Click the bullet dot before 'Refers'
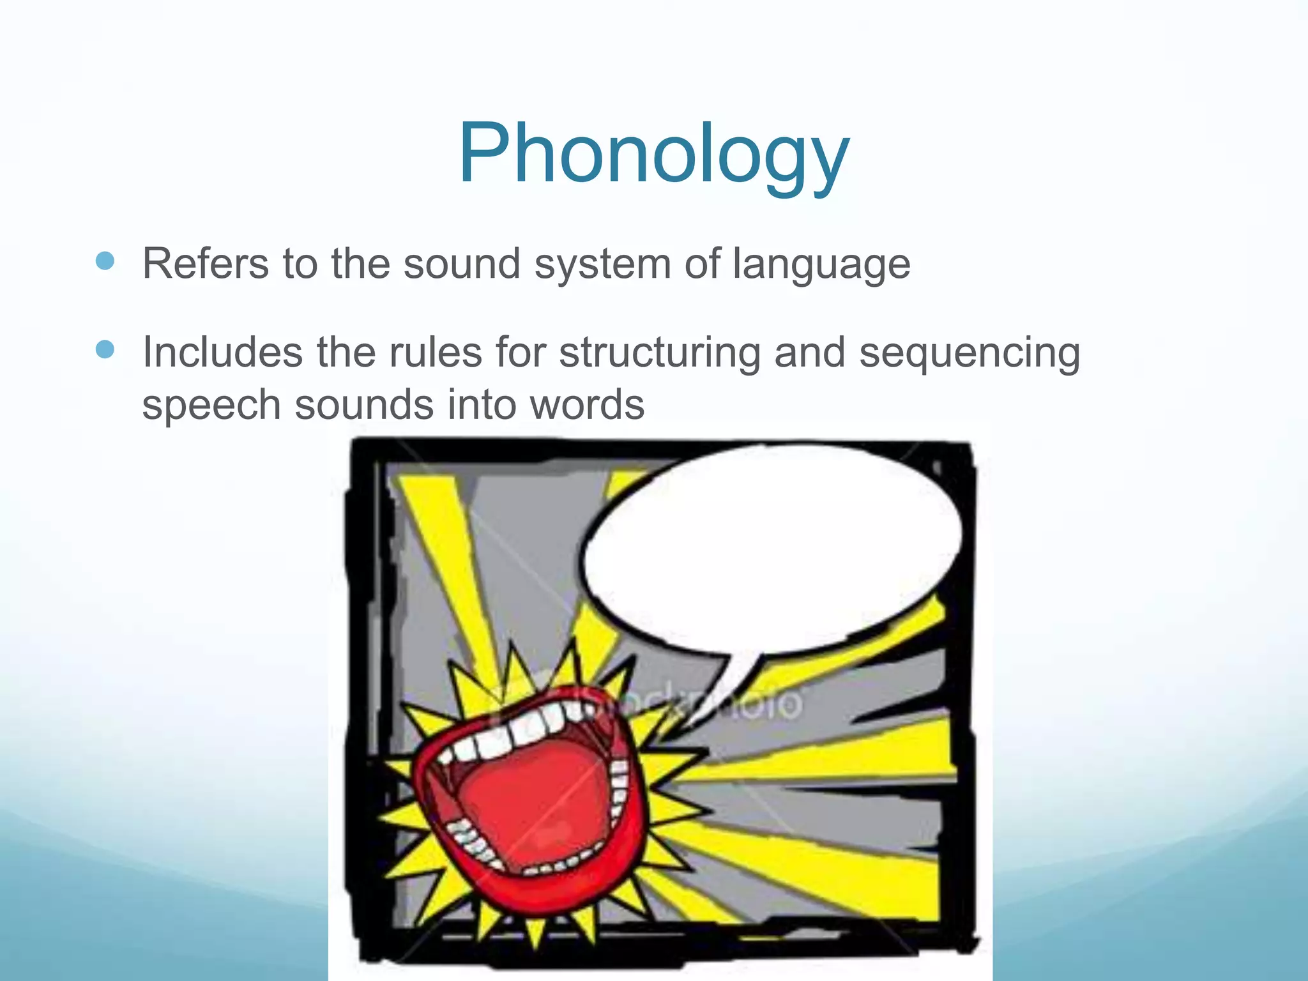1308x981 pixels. click(x=105, y=261)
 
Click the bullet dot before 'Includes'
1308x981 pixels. click(x=105, y=349)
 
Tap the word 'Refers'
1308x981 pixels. click(x=205, y=263)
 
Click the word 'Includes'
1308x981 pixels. click(x=222, y=352)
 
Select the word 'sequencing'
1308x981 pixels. click(x=969, y=353)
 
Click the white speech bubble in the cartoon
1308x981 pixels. click(x=773, y=549)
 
